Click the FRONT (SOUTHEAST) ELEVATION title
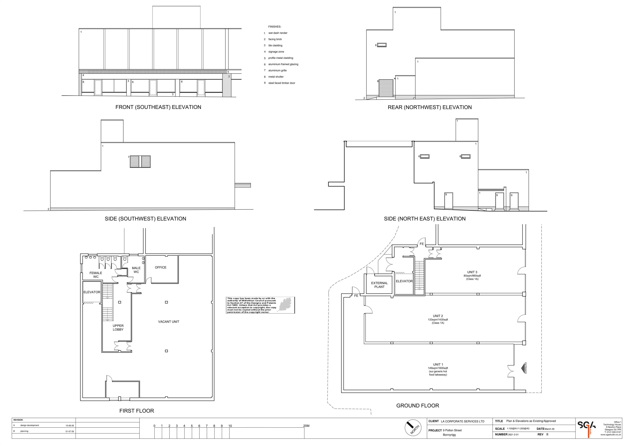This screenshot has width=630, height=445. [x=158, y=107]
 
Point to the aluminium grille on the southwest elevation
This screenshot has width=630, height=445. [x=140, y=162]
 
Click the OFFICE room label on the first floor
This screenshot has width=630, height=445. [x=161, y=268]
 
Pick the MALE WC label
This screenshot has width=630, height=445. [x=136, y=270]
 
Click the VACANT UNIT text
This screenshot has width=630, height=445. [x=168, y=322]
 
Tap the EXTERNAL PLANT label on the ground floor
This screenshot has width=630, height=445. [x=379, y=285]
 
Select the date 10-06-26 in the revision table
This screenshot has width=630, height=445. [x=70, y=425]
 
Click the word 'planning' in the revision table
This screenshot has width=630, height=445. [x=24, y=431]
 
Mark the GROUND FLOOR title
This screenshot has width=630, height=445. [x=418, y=405]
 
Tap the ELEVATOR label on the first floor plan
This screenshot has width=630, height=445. [x=92, y=292]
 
